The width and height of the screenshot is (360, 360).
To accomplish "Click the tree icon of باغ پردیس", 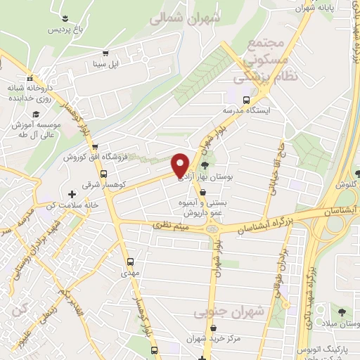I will coord(65,17).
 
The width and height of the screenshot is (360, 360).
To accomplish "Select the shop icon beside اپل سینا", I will coord(105,52).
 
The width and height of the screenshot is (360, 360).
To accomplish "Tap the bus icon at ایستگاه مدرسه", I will coord(246,99).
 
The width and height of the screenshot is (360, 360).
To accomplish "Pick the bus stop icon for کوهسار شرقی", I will coord(103,174).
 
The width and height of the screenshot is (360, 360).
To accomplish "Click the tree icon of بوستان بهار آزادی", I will coord(205,166).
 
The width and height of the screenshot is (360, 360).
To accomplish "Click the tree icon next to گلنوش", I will coord(357,173).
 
